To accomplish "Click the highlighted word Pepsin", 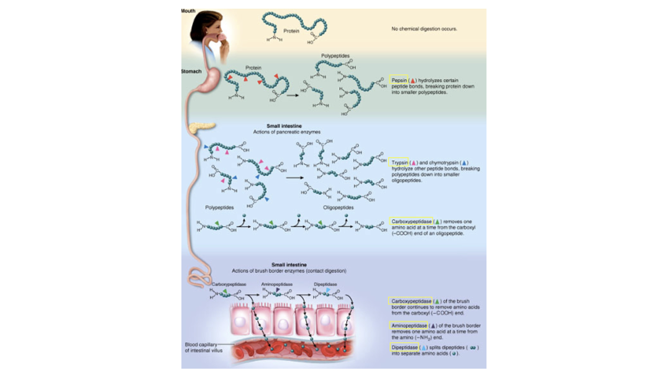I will pyautogui.click(x=399, y=80).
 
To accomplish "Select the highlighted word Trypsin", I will pyautogui.click(x=399, y=162).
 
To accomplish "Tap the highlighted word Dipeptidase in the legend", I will pyautogui.click(x=404, y=347).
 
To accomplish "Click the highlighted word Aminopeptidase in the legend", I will pyautogui.click(x=409, y=326).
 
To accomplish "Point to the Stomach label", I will pyautogui.click(x=191, y=71).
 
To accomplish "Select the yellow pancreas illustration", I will pyautogui.click(x=201, y=127).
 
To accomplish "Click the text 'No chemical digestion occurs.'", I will pyautogui.click(x=424, y=29).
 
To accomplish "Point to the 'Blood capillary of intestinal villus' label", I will pyautogui.click(x=203, y=347).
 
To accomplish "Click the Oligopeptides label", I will pyautogui.click(x=338, y=207).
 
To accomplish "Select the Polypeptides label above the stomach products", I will pyautogui.click(x=335, y=56).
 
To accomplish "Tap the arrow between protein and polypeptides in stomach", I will pyautogui.click(x=293, y=95).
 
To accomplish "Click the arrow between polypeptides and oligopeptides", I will pyautogui.click(x=294, y=178).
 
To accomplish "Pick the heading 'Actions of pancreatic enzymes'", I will pyautogui.click(x=286, y=132).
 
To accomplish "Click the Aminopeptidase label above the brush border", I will pyautogui.click(x=276, y=284).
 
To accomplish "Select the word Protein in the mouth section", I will pyautogui.click(x=291, y=31).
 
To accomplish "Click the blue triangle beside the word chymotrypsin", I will pyautogui.click(x=464, y=163).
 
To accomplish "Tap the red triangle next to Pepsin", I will pyautogui.click(x=413, y=81).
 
